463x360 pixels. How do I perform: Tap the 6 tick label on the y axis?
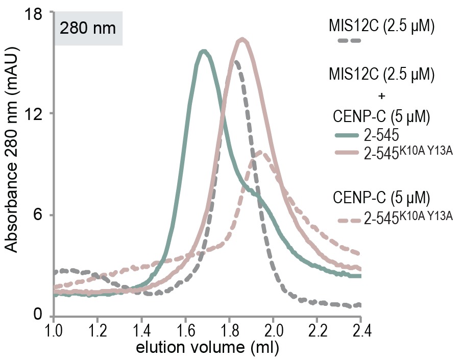pyautogui.click(x=39, y=215)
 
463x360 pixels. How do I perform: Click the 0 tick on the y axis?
pyautogui.click(x=39, y=315)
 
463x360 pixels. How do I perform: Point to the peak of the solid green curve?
pyautogui.click(x=204, y=51)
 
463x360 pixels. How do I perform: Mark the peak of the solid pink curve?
pyautogui.click(x=242, y=39)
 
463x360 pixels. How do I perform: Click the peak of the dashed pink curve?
pyautogui.click(x=260, y=151)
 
